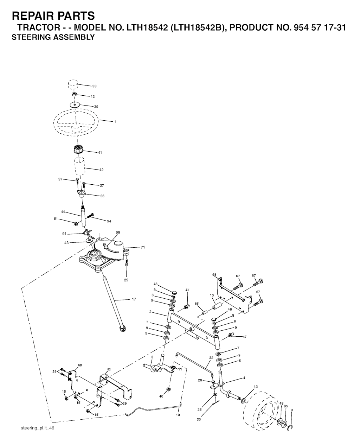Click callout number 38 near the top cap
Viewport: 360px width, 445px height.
coord(94,86)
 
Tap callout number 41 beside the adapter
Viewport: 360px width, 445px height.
coord(100,153)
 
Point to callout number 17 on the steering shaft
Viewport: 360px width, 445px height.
coord(134,299)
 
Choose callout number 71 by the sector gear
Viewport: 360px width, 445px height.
coord(143,247)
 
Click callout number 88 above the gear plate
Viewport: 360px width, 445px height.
coord(118,232)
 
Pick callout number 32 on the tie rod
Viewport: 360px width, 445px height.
coord(211,358)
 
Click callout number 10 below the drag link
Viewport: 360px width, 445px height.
coord(178,415)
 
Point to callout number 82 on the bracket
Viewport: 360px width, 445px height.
coord(109,369)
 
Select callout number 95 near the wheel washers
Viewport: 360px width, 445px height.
coord(286,406)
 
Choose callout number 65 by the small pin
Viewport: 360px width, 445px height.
coord(197,303)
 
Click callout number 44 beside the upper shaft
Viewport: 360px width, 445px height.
coord(63,212)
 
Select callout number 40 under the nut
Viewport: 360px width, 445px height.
coord(161,396)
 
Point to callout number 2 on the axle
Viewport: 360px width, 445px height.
coord(150,312)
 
